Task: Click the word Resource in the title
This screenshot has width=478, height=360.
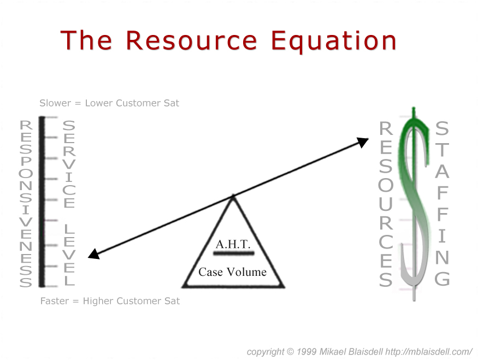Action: [x=192, y=40]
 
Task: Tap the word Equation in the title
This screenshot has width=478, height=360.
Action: [x=334, y=42]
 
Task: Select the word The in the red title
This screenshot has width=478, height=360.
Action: [x=86, y=40]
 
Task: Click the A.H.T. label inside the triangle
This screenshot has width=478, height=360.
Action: [x=233, y=244]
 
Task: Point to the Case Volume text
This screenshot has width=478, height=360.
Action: [x=232, y=272]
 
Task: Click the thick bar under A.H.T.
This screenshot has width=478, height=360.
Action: [x=233, y=253]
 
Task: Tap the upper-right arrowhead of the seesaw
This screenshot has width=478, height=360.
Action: [x=363, y=142]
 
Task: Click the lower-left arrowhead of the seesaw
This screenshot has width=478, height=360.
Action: [x=94, y=254]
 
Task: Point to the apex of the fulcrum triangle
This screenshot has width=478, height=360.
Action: [x=233, y=195]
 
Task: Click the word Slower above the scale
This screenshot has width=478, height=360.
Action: [x=55, y=103]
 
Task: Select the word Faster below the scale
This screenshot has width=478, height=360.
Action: [x=55, y=301]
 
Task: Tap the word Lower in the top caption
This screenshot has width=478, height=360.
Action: [x=99, y=103]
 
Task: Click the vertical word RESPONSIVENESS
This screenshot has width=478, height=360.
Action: [x=26, y=203]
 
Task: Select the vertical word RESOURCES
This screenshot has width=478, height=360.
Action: [x=386, y=204]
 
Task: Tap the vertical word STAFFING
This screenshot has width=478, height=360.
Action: [x=442, y=203]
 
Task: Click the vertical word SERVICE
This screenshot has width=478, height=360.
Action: [x=69, y=164]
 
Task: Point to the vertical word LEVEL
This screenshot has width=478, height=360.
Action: [x=69, y=255]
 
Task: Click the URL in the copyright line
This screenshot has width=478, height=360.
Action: [x=429, y=352]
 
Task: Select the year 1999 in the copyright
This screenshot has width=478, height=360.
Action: [x=306, y=352]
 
